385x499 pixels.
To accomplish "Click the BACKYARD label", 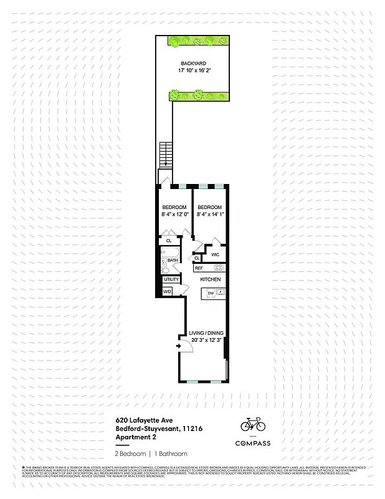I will [x=193, y=64].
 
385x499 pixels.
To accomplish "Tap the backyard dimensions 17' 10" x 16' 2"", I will [x=193, y=72].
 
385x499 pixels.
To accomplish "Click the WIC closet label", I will [x=215, y=254].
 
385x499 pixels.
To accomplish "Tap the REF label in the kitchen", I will [x=199, y=268].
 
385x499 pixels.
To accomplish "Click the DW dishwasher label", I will [x=211, y=293].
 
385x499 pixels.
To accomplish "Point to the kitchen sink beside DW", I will [x=220, y=293].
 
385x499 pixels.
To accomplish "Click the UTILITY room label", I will [x=171, y=280].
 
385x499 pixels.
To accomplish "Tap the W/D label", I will [x=167, y=291].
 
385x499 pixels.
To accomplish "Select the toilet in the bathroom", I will [x=165, y=269].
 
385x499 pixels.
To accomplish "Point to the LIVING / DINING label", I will [x=206, y=333].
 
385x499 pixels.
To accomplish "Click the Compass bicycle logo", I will [x=253, y=425].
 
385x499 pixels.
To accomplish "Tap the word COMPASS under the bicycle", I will [x=253, y=443].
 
